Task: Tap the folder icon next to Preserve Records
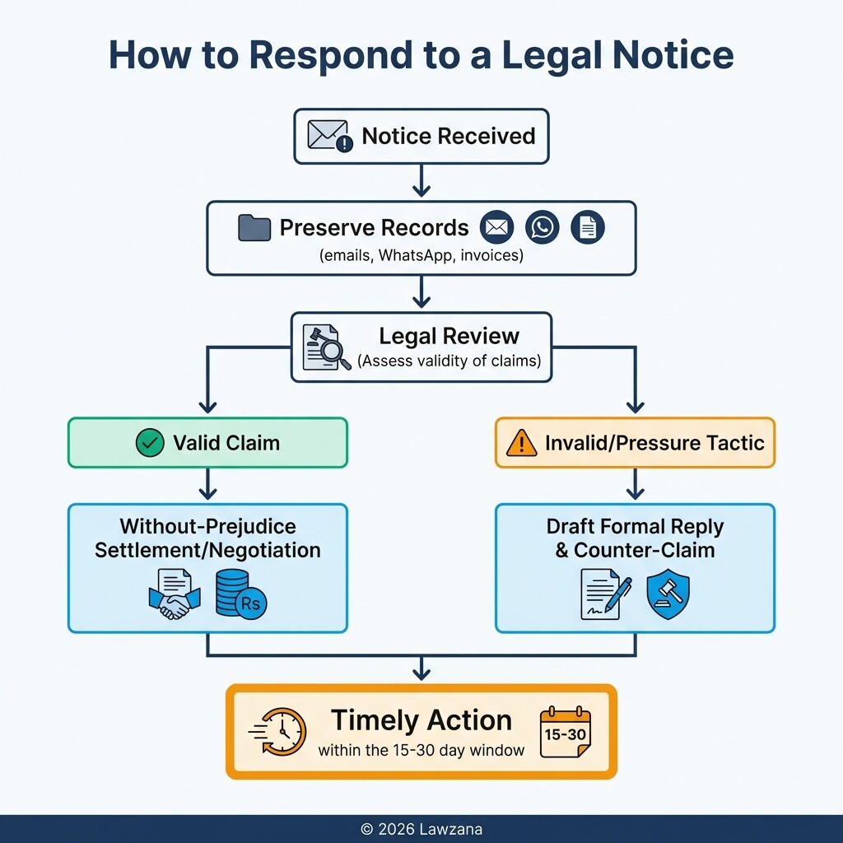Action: pyautogui.click(x=254, y=228)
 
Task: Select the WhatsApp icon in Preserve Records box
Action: pyautogui.click(x=543, y=227)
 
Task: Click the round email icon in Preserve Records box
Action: pyautogui.click(x=496, y=227)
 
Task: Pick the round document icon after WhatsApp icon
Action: pyautogui.click(x=588, y=227)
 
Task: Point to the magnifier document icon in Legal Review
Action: pyautogui.click(x=322, y=347)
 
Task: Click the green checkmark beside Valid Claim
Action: pyautogui.click(x=149, y=443)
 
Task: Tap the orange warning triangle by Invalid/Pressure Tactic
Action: pyautogui.click(x=522, y=443)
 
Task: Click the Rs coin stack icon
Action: pyautogui.click(x=240, y=594)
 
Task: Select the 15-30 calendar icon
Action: pyautogui.click(x=566, y=731)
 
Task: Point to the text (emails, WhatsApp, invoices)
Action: pyautogui.click(x=421, y=256)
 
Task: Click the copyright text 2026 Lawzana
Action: pyautogui.click(x=421, y=829)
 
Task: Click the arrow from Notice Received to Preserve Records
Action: pyautogui.click(x=421, y=181)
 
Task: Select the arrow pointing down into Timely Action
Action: pyautogui.click(x=421, y=668)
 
